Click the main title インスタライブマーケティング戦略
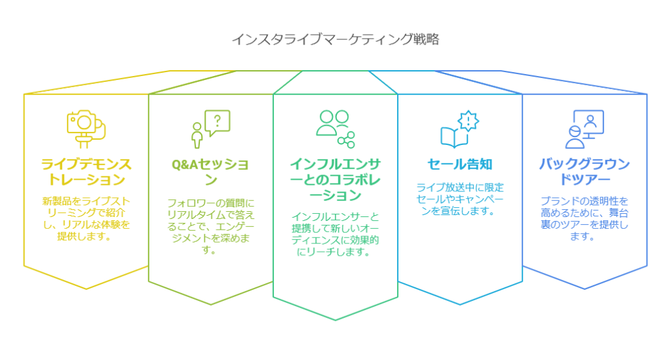335,39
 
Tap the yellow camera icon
86,129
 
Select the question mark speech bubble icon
210,129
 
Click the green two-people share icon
335,129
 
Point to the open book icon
455,137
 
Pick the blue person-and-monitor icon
585,129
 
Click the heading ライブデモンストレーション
86,172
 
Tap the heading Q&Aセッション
210,172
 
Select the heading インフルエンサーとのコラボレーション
335,180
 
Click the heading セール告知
460,164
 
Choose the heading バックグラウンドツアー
585,172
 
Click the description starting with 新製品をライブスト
86,218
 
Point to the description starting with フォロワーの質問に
210,226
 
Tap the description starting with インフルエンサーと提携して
335,234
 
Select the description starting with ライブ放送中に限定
460,199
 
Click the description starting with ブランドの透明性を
585,218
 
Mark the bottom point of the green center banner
335,320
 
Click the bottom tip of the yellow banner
86,289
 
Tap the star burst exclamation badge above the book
468,121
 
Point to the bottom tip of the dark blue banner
585,289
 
